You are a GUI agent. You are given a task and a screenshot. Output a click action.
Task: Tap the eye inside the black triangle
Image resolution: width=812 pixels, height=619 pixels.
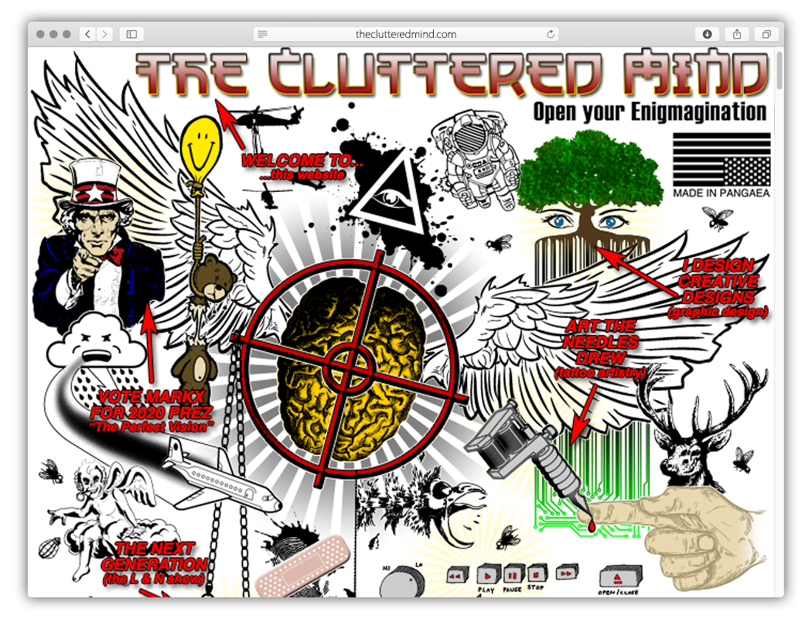[x=385, y=200]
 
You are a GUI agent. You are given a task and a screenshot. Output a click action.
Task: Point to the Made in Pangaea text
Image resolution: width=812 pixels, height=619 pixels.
[x=722, y=193]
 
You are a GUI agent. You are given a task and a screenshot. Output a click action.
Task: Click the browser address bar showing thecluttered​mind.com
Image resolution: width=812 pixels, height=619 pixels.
[x=406, y=34]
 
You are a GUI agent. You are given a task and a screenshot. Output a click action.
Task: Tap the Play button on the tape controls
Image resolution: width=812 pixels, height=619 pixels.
[x=486, y=575]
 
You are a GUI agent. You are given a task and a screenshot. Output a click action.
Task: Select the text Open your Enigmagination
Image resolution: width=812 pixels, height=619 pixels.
[x=650, y=112]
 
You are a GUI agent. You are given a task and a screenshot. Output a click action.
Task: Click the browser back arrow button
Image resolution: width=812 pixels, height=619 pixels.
[x=88, y=34]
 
